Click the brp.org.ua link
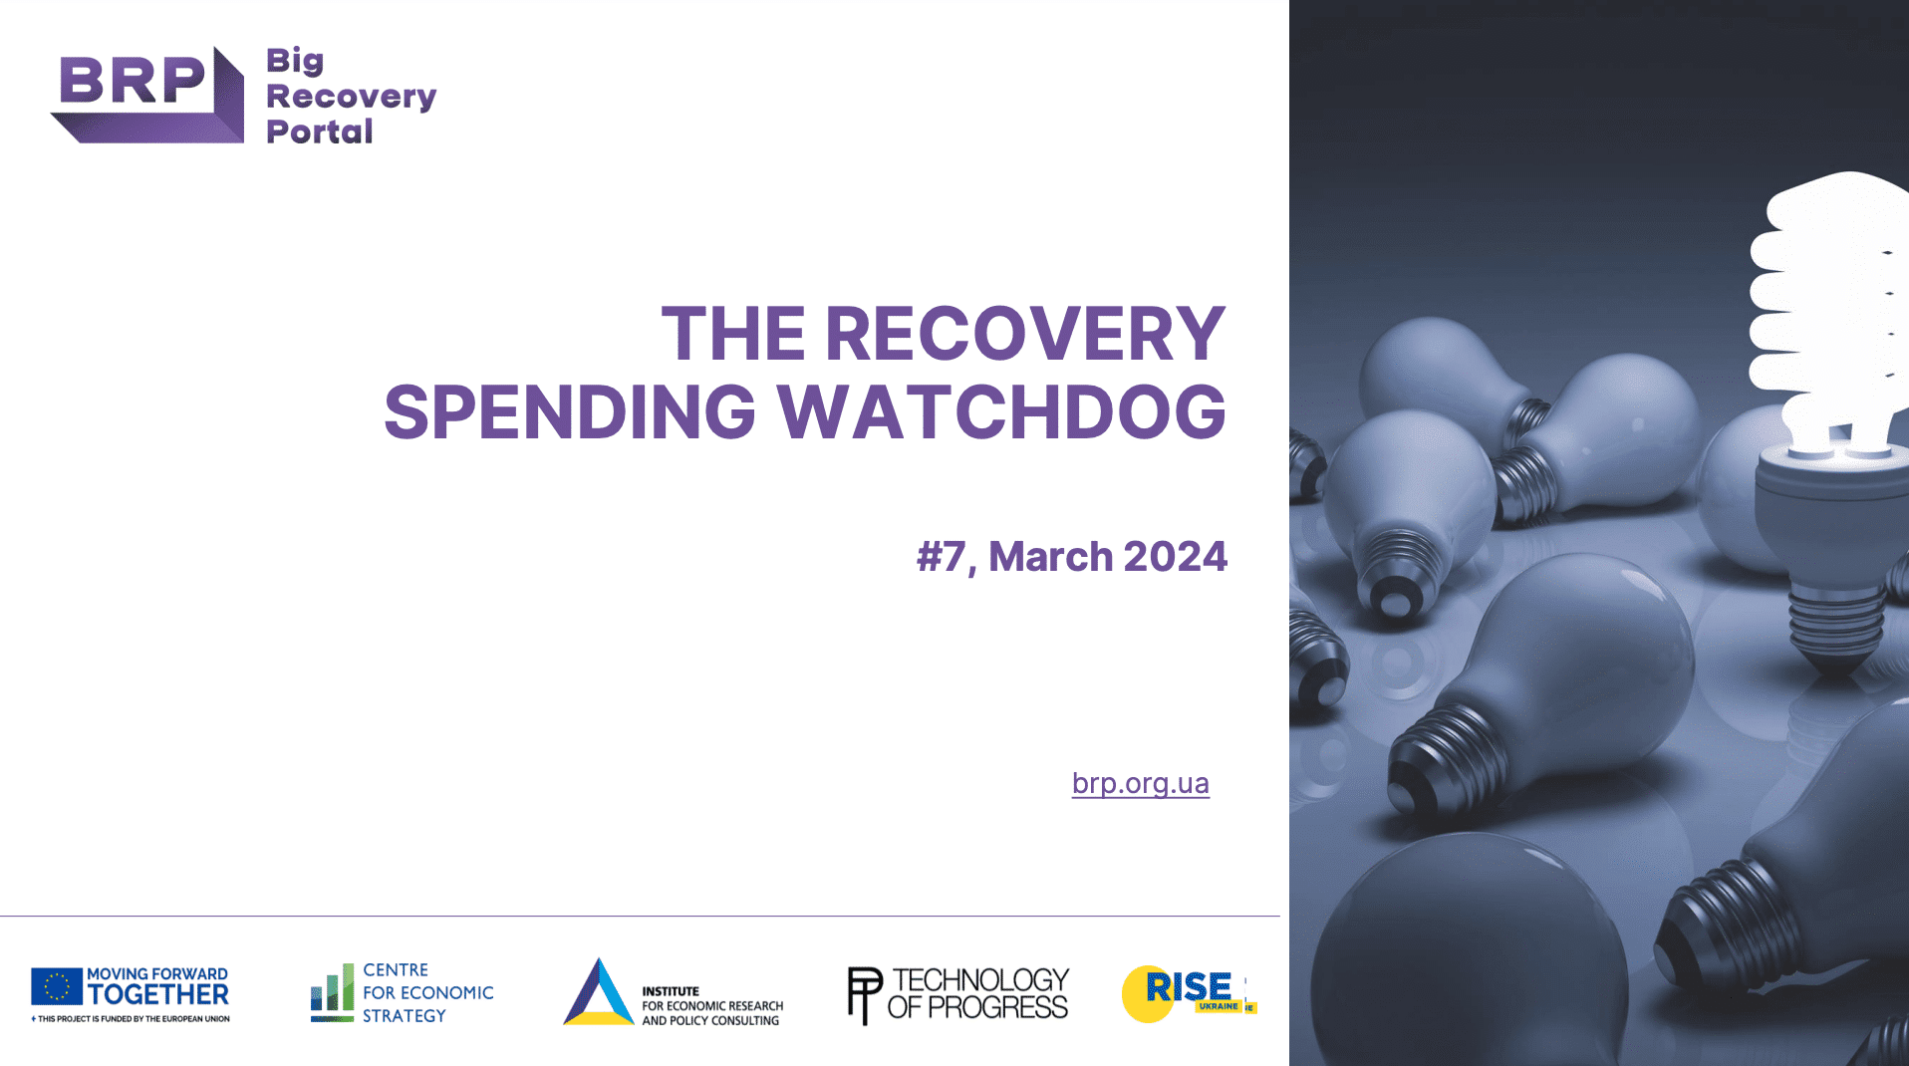point(1140,784)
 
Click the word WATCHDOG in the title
point(1001,411)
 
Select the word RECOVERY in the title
point(1025,333)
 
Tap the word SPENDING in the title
point(570,411)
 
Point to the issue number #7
point(941,557)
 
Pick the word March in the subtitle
point(1050,556)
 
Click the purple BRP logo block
point(147,95)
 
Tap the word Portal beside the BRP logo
point(320,132)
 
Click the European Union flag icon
point(57,986)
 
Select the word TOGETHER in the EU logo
point(158,994)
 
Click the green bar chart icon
point(332,992)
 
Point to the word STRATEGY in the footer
point(405,1015)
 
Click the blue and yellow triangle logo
point(598,992)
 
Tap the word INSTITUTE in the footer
point(671,991)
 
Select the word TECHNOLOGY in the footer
point(980,980)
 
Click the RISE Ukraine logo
point(1189,993)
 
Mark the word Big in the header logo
point(295,62)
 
